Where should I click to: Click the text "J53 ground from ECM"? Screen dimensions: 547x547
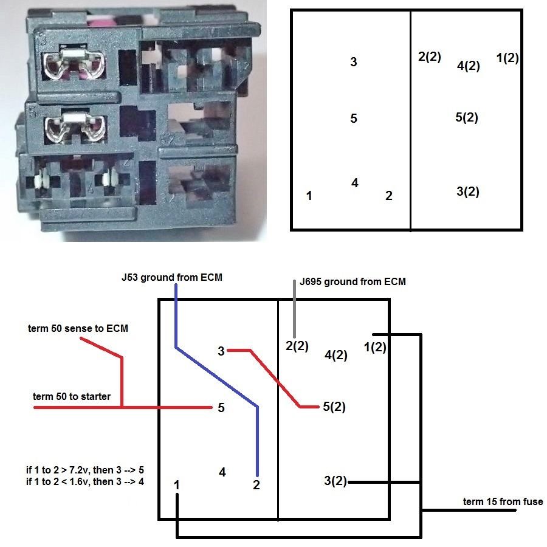pyautogui.click(x=173, y=278)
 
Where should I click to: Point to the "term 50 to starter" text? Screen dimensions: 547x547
pyautogui.click(x=72, y=397)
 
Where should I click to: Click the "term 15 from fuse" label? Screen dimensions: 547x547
pyautogui.click(x=503, y=501)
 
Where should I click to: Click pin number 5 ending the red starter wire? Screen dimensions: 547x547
pyautogui.click(x=221, y=408)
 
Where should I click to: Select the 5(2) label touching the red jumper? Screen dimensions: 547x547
pyautogui.click(x=334, y=407)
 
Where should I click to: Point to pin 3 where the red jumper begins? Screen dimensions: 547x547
pyautogui.click(x=221, y=351)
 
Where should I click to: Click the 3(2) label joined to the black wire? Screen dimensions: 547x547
pyautogui.click(x=335, y=482)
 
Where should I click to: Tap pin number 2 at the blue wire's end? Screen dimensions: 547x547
pyautogui.click(x=257, y=485)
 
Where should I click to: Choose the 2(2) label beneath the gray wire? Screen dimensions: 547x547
pyautogui.click(x=297, y=346)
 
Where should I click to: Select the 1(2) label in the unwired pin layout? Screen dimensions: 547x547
pyautogui.click(x=507, y=58)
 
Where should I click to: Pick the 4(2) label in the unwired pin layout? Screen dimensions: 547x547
pyautogui.click(x=468, y=66)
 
